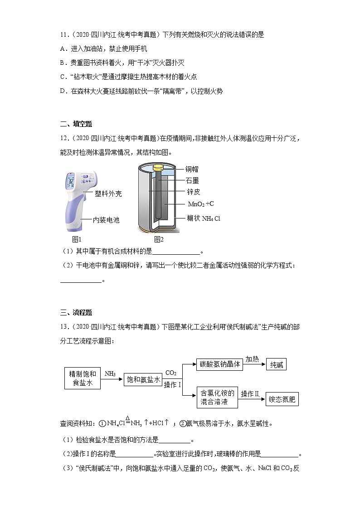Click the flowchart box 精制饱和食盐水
click(83, 378)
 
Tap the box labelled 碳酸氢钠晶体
click(219, 364)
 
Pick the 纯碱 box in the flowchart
click(276, 364)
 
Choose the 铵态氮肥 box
click(282, 399)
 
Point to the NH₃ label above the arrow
click(110, 373)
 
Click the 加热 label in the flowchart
click(252, 359)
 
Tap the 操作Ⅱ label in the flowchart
click(250, 393)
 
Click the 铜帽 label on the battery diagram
click(192, 169)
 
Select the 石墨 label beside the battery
click(192, 180)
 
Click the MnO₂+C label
click(201, 204)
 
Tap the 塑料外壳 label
click(108, 194)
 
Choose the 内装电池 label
click(106, 220)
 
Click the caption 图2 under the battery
click(159, 239)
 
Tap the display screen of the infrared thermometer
click(71, 182)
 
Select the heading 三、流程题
click(76, 312)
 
